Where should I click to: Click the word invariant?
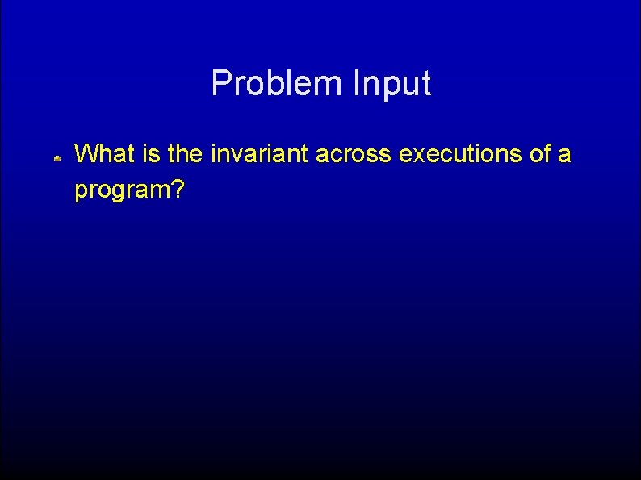point(259,153)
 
